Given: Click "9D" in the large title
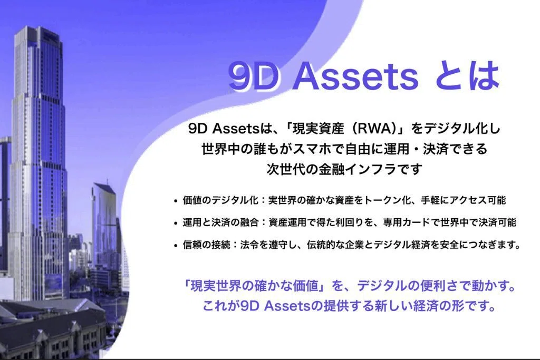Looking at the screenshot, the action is pyautogui.click(x=253, y=75).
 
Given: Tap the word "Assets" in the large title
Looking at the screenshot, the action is pyautogui.click(x=356, y=75).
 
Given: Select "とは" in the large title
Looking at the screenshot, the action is pyautogui.click(x=467, y=75).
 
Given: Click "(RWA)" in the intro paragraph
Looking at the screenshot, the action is pyautogui.click(x=375, y=129).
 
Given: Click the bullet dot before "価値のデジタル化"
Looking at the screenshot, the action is pyautogui.click(x=176, y=201).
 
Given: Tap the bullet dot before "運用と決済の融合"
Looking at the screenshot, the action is pyautogui.click(x=176, y=223).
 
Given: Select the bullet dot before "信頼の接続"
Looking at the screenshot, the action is pyautogui.click(x=176, y=246).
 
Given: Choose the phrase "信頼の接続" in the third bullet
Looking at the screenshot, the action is pyautogui.click(x=207, y=245).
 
